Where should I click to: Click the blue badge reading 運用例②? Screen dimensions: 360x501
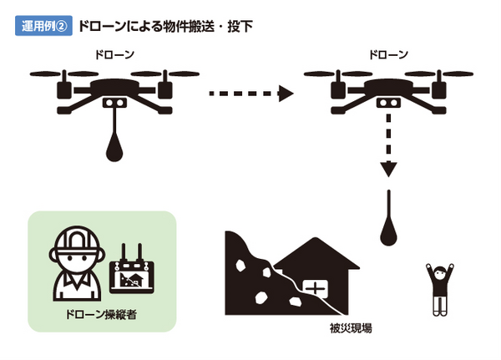pyautogui.click(x=43, y=26)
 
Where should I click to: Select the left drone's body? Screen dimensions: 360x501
pyautogui.click(x=115, y=89)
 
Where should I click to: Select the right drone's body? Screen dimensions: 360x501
pyautogui.click(x=387, y=89)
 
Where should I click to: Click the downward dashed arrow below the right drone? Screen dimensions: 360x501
pyautogui.click(x=387, y=150)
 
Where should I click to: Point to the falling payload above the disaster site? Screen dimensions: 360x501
pyautogui.click(x=388, y=226)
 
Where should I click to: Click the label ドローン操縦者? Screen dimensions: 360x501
pyautogui.click(x=103, y=317)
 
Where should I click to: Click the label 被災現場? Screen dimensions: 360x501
pyautogui.click(x=351, y=328)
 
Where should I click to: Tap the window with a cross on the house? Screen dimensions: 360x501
pyautogui.click(x=316, y=288)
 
